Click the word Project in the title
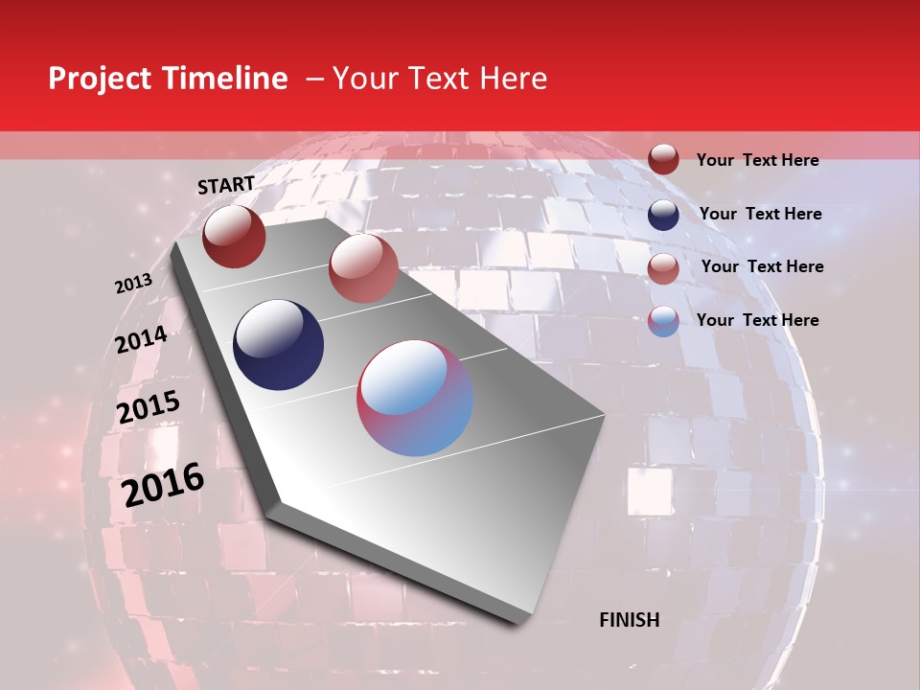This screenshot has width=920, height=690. coord(99,80)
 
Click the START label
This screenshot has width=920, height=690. coord(226,185)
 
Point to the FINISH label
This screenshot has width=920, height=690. coord(629,620)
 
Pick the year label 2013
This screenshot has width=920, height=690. coord(133,284)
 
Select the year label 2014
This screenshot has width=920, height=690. coord(141,340)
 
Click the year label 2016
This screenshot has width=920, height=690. coord(163,485)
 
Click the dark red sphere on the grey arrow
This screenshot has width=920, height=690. coord(234,236)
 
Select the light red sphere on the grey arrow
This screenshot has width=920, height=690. coord(363,268)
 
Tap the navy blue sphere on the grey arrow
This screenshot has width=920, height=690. coord(279,345)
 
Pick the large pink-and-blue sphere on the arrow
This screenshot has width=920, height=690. coord(415,398)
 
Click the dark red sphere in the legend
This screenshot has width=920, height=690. coord(663,160)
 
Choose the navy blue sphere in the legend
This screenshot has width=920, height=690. coord(663,215)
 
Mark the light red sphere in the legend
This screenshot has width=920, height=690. coord(663,268)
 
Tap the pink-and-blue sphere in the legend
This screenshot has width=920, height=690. coord(663,321)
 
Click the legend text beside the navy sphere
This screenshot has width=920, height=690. coord(760,214)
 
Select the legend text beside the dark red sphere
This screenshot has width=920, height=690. coord(757,160)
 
